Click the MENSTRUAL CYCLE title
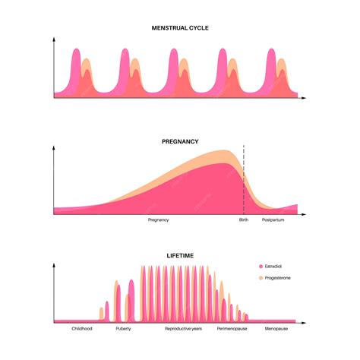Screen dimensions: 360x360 [x=180, y=28]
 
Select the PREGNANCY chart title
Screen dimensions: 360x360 [x=180, y=141]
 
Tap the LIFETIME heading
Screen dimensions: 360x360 [x=180, y=256]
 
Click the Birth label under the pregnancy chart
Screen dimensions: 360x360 [x=243, y=219]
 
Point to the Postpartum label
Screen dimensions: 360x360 [x=273, y=219]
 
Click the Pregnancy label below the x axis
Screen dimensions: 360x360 [x=158, y=219]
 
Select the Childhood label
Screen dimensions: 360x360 [x=82, y=329]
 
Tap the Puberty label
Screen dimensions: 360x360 [x=123, y=329]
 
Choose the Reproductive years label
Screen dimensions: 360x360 [x=183, y=329]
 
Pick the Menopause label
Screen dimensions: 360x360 [x=276, y=329]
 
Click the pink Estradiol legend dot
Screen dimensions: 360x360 [x=261, y=267]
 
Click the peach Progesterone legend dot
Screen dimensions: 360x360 [x=261, y=279]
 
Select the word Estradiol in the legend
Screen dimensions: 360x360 [x=275, y=267]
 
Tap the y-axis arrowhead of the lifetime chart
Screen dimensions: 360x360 [x=54, y=264]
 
